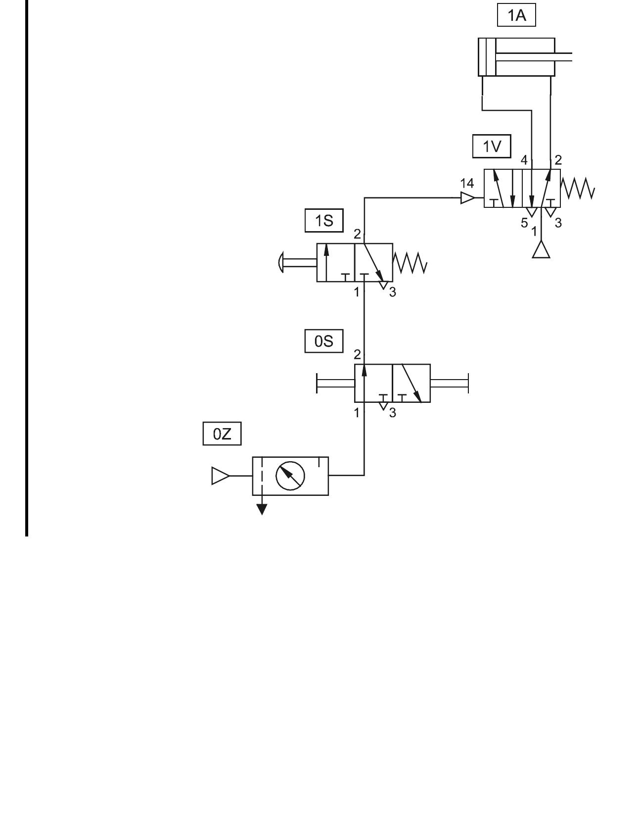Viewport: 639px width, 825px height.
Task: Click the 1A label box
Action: [x=516, y=16]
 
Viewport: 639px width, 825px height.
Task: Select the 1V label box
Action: [x=492, y=146]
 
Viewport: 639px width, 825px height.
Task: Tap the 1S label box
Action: [x=324, y=221]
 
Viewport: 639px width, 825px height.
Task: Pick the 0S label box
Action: [x=324, y=341]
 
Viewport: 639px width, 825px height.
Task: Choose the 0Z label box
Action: [x=222, y=434]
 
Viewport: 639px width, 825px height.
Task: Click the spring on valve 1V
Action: [x=578, y=189]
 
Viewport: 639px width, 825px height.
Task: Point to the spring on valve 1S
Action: [x=410, y=263]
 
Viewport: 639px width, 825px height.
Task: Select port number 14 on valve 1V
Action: [x=467, y=184]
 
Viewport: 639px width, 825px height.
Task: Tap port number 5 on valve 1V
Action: [x=524, y=223]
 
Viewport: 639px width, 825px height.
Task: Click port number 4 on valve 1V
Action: [x=524, y=160]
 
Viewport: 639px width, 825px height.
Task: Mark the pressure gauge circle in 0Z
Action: [x=290, y=476]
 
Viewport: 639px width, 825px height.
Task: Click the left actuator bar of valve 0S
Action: [x=335, y=383]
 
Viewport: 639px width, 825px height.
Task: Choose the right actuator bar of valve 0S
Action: [x=450, y=383]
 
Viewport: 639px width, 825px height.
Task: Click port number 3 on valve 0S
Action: [x=393, y=413]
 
